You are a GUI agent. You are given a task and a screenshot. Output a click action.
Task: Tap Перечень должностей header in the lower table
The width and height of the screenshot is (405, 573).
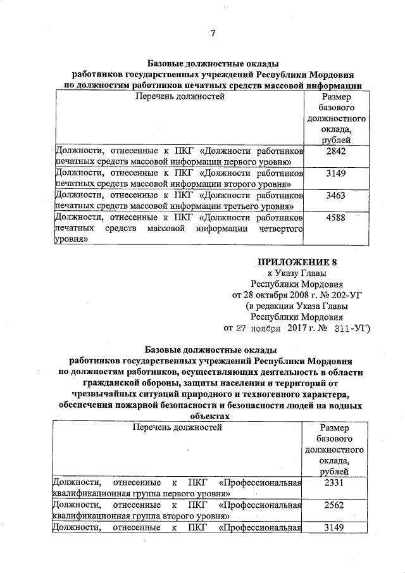(x=178, y=427)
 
